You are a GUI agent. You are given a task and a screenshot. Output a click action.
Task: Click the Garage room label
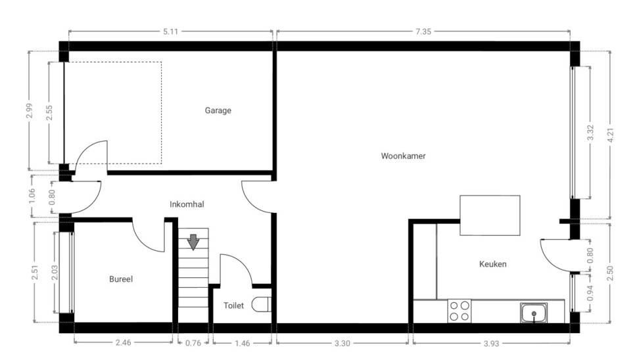pos(218,110)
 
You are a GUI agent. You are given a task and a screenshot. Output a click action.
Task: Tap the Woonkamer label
pos(403,156)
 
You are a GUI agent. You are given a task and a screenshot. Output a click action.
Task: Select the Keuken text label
pos(492,264)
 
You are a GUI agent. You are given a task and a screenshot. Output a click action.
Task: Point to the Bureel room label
pos(121,279)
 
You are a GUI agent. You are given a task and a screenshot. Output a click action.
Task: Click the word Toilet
pos(233,305)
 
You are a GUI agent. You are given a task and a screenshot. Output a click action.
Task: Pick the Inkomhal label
pos(187,204)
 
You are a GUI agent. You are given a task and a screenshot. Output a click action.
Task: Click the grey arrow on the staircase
pos(193,242)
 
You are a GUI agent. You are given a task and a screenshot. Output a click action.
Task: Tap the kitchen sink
pos(533,313)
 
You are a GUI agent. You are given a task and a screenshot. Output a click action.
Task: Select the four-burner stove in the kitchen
pos(460,311)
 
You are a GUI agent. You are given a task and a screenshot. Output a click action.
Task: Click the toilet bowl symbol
pos(262,305)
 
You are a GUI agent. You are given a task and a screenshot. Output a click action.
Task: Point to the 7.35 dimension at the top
pos(423,32)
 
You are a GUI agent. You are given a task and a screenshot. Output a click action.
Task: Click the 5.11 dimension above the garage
pos(170,32)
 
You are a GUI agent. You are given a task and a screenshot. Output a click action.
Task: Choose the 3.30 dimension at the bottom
pos(343,344)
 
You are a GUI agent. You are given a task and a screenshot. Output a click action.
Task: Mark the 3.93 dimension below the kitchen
pos(491,344)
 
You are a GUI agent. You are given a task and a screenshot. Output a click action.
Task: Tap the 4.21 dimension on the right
pos(610,135)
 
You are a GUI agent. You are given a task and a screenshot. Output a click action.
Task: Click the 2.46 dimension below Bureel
pos(123,342)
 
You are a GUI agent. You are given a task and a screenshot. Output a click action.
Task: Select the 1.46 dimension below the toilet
pos(242,344)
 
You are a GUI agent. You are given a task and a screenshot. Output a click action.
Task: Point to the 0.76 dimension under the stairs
pos(193,343)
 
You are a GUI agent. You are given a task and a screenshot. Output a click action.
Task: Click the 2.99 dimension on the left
pos(28,111)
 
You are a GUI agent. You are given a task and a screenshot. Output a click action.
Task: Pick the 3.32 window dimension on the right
pos(590,133)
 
